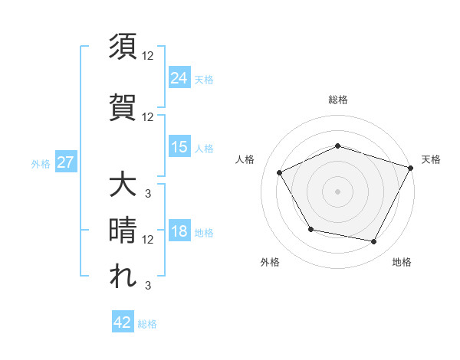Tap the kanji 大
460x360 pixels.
tap(123, 185)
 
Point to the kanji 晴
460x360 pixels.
tap(123, 231)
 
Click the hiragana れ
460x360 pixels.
tap(123, 277)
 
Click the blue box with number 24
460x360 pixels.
tap(179, 77)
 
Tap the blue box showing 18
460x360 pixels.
tap(179, 232)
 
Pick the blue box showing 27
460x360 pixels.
tap(65, 162)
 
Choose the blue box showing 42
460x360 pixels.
tap(123, 322)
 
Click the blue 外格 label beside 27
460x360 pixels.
tap(41, 163)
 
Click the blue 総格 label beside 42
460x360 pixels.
tap(147, 324)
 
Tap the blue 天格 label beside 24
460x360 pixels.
tap(204, 79)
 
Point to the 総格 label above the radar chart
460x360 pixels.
tap(338, 100)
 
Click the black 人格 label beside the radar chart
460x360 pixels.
tap(245, 159)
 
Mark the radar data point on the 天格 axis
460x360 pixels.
tap(411, 167)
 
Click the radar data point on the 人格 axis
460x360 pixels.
tap(279, 172)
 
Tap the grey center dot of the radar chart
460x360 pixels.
tap(338, 191)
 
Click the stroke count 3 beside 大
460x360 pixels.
tap(147, 192)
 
